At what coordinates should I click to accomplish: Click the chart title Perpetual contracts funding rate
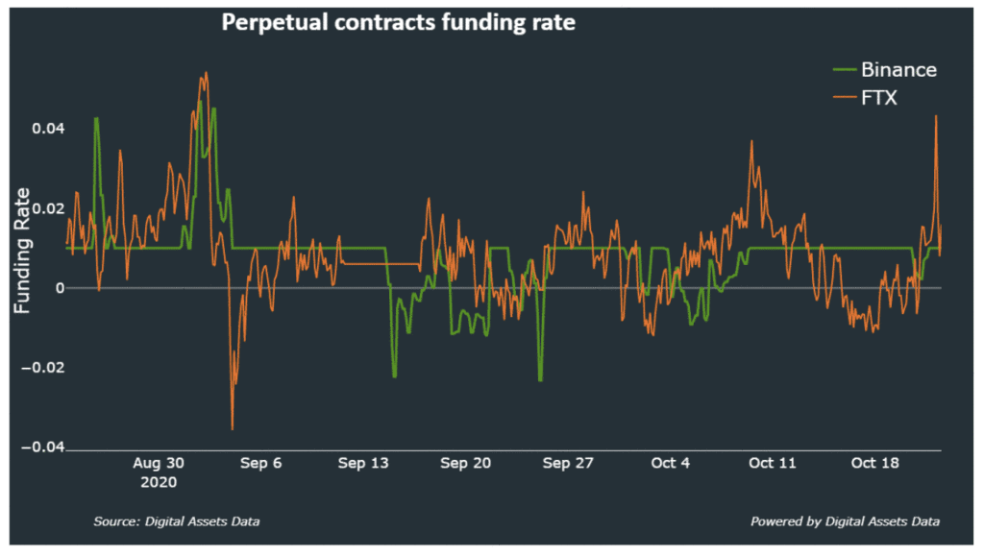pos(399,22)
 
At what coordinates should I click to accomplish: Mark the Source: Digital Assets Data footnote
pos(177,521)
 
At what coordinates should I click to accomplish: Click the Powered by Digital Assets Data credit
pos(845,521)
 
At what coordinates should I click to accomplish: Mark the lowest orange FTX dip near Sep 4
pos(233,428)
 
